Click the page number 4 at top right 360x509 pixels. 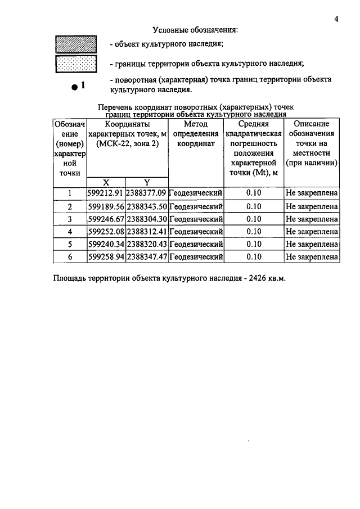pyautogui.click(x=336, y=19)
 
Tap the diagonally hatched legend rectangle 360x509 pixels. pyautogui.click(x=75, y=44)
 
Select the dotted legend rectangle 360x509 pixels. pyautogui.click(x=75, y=64)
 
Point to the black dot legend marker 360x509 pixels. pyautogui.click(x=74, y=87)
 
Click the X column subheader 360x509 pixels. pyautogui.click(x=106, y=182)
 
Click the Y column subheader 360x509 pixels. pyautogui.click(x=146, y=182)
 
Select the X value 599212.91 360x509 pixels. pyautogui.click(x=106, y=194)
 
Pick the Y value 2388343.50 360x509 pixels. pyautogui.click(x=147, y=206)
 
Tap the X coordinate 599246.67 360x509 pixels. pyautogui.click(x=106, y=219)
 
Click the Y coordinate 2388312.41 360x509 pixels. pyautogui.click(x=147, y=231)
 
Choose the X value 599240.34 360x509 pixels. pyautogui.click(x=106, y=244)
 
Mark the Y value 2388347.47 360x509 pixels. pyautogui.click(x=147, y=256)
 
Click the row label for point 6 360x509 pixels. pyautogui.click(x=70, y=256)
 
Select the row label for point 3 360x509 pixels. pyautogui.click(x=70, y=219)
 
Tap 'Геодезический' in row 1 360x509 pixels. pyautogui.click(x=196, y=194)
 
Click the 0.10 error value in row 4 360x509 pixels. pyautogui.click(x=254, y=231)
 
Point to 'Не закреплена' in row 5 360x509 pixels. pyautogui.click(x=312, y=244)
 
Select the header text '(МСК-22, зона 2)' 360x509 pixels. pyautogui.click(x=127, y=143)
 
